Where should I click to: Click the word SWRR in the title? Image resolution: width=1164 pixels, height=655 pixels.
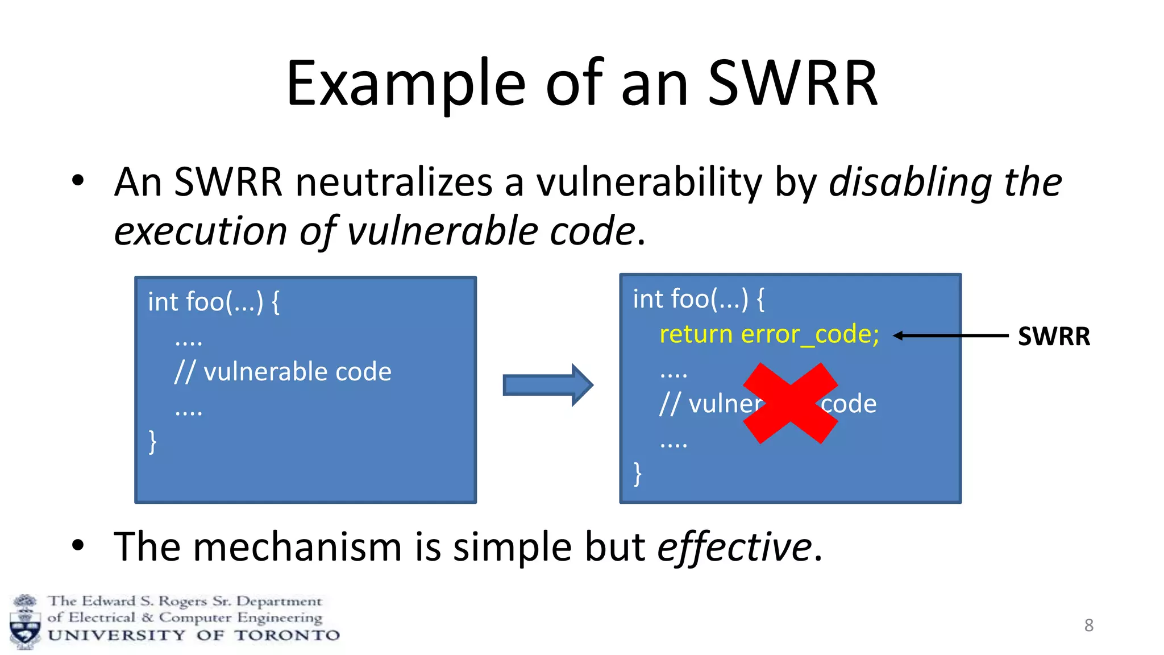click(792, 84)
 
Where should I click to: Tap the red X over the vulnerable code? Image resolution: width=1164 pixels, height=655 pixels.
click(790, 403)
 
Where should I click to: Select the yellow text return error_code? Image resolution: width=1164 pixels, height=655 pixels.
click(768, 334)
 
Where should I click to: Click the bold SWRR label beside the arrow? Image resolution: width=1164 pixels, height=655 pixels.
click(1053, 336)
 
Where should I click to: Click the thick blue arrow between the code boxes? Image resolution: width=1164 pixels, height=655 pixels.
click(547, 385)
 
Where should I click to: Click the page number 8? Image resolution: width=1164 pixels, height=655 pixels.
click(1088, 625)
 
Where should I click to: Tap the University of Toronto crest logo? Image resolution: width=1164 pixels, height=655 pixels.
click(25, 622)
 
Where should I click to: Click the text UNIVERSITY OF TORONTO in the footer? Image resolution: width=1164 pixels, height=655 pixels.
click(193, 635)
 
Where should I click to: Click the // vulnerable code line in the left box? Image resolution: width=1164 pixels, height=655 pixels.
click(282, 372)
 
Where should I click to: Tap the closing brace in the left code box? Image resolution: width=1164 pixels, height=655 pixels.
click(152, 441)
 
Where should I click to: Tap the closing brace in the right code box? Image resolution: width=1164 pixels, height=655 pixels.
click(637, 473)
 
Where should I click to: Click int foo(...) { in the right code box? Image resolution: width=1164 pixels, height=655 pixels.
click(699, 299)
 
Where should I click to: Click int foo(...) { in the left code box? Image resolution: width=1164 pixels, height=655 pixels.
click(213, 302)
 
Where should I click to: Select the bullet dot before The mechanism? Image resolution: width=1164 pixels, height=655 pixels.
click(78, 545)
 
